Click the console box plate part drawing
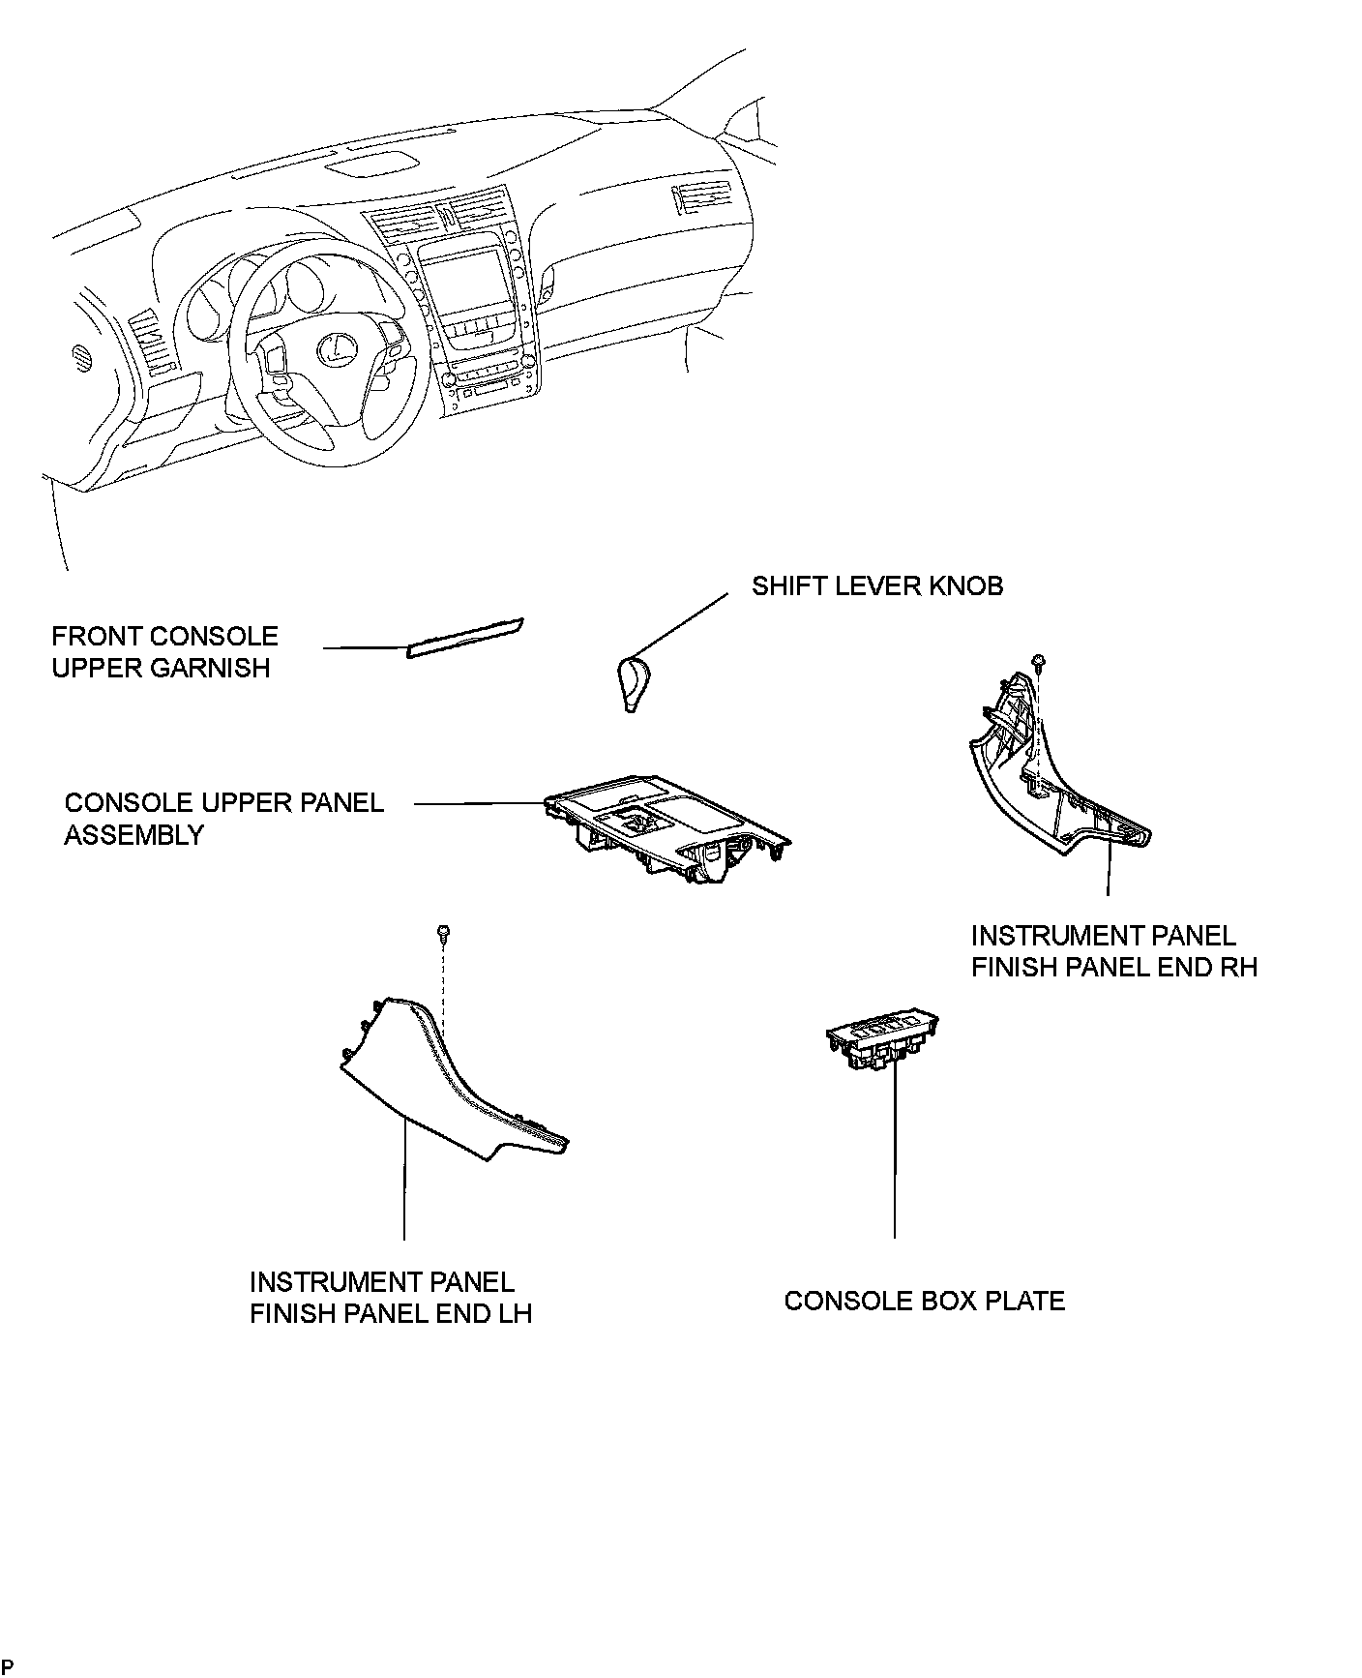[881, 1042]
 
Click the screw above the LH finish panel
[443, 934]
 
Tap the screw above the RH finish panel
[1040, 662]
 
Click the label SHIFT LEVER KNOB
[876, 585]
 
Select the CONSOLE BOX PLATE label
[924, 1300]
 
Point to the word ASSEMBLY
[133, 834]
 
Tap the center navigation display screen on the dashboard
[462, 281]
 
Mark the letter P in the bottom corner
[8, 1665]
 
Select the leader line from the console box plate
[895, 1152]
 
